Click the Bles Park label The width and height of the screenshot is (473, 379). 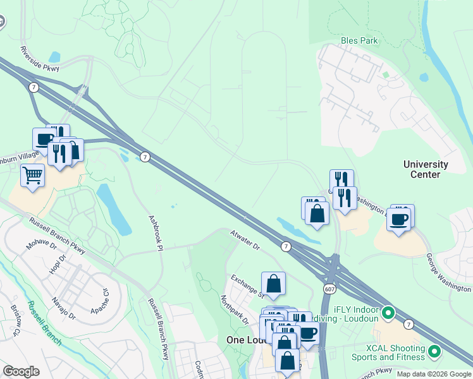point(359,40)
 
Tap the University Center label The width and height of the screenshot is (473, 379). point(426,169)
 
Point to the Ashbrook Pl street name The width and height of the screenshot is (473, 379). point(156,230)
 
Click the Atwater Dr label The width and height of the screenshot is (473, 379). point(245,241)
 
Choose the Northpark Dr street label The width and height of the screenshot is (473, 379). point(235,310)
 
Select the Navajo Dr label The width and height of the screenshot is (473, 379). point(64,308)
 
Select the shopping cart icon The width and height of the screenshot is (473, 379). point(32,175)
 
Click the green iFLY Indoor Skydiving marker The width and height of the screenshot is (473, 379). point(388,312)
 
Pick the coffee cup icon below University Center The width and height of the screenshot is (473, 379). point(398,219)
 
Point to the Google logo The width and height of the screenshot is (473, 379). point(21,371)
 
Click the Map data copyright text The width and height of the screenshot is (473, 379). point(433,374)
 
